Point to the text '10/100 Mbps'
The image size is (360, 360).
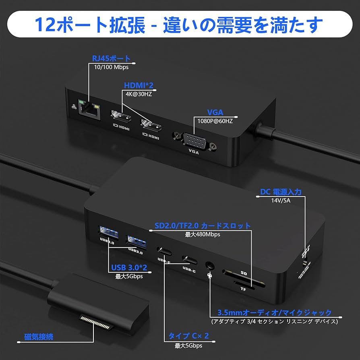pos(111,67)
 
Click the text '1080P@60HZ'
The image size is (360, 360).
pos(215,120)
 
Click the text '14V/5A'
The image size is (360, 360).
pos(281,200)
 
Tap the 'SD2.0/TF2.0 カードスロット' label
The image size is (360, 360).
pos(203,226)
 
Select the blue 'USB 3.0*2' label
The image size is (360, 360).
pos(129,268)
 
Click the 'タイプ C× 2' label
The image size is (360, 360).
pos(188,336)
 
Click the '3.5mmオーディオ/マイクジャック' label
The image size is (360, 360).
pos(274,313)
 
